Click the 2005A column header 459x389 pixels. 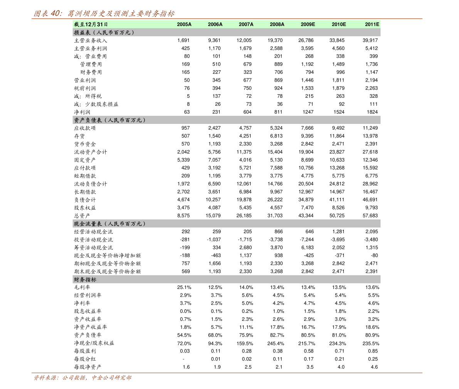pos(184,24)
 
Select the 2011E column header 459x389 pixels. pos(372,24)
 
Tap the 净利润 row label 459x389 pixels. pos(82,112)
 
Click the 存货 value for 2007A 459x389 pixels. pos(245,136)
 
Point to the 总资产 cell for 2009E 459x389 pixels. pos(306,216)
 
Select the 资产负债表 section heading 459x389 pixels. pos(109,120)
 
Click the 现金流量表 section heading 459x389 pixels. pos(109,224)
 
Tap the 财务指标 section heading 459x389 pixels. pos(85,280)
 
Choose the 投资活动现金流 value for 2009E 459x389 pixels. pos(307,240)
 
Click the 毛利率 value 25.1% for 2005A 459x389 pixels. pos(184,287)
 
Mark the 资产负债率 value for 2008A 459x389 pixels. pos(277,335)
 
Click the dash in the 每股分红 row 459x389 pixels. pos(183,359)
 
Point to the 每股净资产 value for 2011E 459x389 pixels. pos(374,367)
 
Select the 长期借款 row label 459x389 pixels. pos(85,192)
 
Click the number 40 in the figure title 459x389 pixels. pos(55,13)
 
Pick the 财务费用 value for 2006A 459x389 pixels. pos(217,72)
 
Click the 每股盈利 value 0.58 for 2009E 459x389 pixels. pos(309,351)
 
